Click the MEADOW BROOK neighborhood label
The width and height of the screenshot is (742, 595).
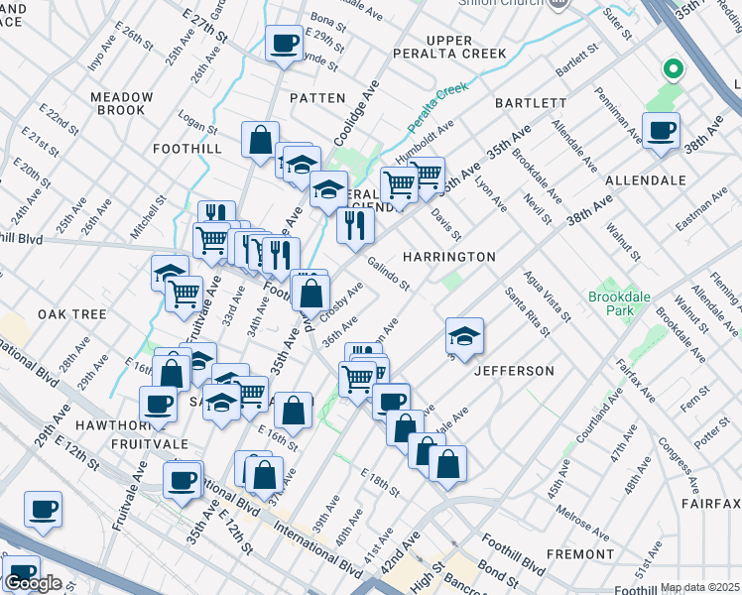pyautogui.click(x=122, y=104)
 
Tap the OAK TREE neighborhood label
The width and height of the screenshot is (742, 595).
pyautogui.click(x=71, y=314)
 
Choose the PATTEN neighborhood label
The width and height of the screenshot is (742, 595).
pyautogui.click(x=317, y=98)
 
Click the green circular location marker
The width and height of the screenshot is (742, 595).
pyautogui.click(x=673, y=68)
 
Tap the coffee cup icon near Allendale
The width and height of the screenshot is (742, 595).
pyautogui.click(x=660, y=129)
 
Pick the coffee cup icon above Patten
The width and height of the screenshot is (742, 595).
pyautogui.click(x=285, y=43)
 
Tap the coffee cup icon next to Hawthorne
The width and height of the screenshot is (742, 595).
pyautogui.click(x=158, y=403)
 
